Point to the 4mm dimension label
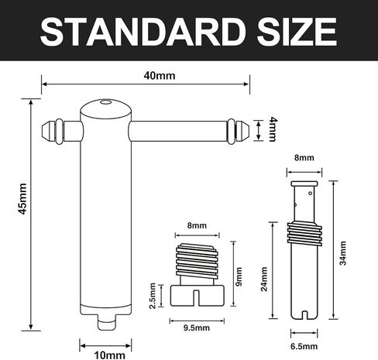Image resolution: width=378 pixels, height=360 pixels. point(272,129)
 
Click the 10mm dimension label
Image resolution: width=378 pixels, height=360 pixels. point(108,355)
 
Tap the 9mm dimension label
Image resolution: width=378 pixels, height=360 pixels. point(239,274)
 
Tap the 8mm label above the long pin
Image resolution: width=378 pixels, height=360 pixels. point(304,157)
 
